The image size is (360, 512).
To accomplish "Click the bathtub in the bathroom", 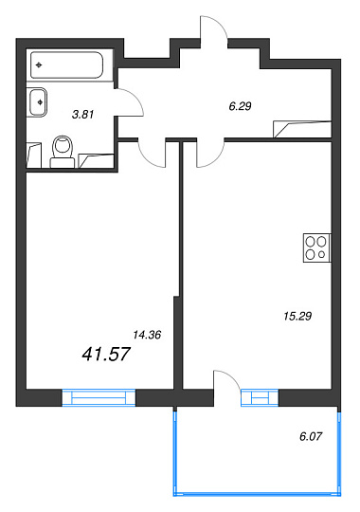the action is tap(66, 65).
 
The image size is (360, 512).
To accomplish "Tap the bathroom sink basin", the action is tap(38, 102).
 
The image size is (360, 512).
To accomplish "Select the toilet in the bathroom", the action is tap(63, 152).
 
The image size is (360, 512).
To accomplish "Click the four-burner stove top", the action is tap(317, 247).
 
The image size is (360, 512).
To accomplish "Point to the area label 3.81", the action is tap(83, 115).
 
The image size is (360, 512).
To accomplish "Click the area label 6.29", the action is tap(240, 106).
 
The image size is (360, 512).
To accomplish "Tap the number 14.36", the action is tap(147, 335).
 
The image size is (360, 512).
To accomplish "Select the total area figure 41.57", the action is tap(106, 354).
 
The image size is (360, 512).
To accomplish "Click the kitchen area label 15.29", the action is tap(297, 316).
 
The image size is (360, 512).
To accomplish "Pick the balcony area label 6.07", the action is tap(311, 436).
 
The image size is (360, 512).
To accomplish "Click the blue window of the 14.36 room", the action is tap(99, 397).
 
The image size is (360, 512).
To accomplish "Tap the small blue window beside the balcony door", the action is tap(260, 397).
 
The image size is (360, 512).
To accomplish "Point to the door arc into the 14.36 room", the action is tap(146, 160).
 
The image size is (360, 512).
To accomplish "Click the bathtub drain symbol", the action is tap(39, 65).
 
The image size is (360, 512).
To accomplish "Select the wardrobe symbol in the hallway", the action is tap(302, 129).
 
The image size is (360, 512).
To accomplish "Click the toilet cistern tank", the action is tap(63, 163).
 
